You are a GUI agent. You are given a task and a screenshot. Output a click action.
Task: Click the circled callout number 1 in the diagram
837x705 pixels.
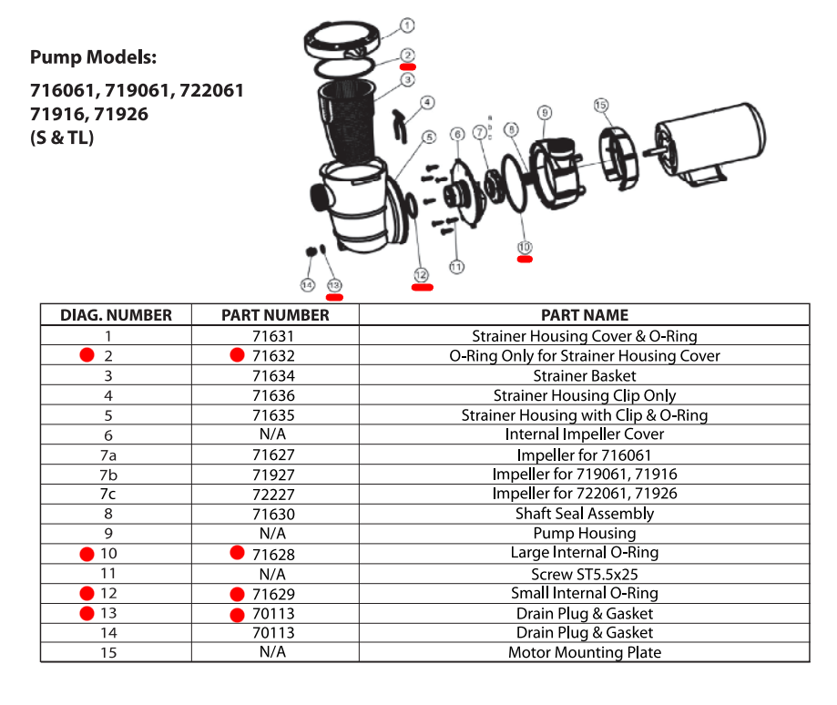point(407,26)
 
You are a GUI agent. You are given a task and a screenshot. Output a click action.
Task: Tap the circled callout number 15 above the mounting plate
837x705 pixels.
point(600,105)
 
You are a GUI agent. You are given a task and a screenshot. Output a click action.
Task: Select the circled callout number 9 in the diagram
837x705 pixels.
point(544,113)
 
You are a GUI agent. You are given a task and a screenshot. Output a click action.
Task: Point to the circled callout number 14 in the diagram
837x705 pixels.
point(308,285)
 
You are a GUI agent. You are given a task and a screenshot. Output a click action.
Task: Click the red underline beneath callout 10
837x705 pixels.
point(525,260)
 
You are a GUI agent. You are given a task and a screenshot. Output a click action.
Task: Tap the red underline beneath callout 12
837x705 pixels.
point(423,288)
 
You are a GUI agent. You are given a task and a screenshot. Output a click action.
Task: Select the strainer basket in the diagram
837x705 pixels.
point(346,122)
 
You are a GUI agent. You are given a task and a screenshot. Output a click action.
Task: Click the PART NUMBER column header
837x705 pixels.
point(275,315)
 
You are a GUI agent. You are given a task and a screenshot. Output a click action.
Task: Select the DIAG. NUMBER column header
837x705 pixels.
point(116,315)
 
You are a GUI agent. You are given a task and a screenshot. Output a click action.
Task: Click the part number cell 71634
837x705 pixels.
point(273,375)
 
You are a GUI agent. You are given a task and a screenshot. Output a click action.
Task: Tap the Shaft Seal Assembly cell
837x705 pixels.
point(585,514)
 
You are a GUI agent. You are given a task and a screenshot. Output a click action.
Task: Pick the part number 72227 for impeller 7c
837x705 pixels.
point(273,495)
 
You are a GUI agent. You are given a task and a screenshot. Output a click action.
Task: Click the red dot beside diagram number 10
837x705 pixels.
point(87,554)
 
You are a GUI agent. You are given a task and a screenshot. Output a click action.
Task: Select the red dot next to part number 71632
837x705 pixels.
point(237,355)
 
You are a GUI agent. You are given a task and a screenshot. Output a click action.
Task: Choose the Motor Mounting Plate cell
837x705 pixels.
point(585,652)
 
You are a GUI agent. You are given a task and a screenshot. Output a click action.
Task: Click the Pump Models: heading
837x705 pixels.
point(94,57)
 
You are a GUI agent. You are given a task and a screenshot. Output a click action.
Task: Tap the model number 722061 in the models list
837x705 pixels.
point(211,91)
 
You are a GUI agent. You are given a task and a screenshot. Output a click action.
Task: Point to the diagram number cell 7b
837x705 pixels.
point(108,475)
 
